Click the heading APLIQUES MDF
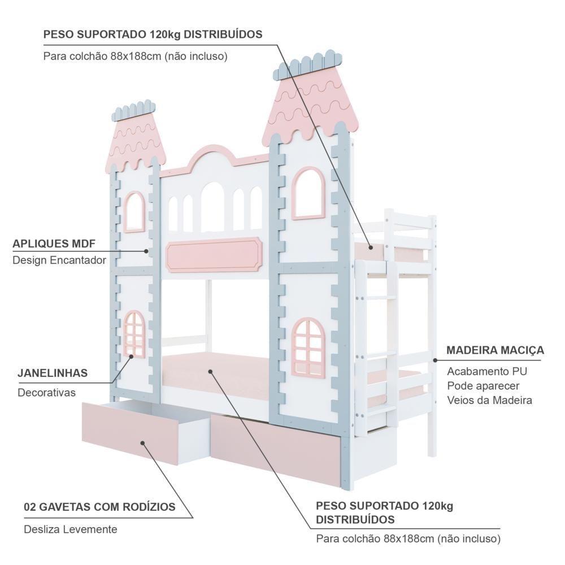click(54, 244)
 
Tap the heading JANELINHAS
click(52, 373)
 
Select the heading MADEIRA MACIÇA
click(495, 350)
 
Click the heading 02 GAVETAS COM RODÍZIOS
click(99, 507)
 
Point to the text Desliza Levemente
click(71, 529)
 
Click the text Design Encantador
click(59, 260)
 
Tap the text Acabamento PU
click(487, 372)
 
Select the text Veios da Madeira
click(489, 400)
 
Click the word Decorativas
click(46, 393)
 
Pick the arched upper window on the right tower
click(308, 193)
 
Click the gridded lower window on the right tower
click(308, 346)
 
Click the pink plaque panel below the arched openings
click(214, 254)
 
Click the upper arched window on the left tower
click(134, 212)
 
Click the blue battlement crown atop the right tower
click(308, 66)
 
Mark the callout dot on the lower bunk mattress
click(210, 372)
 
